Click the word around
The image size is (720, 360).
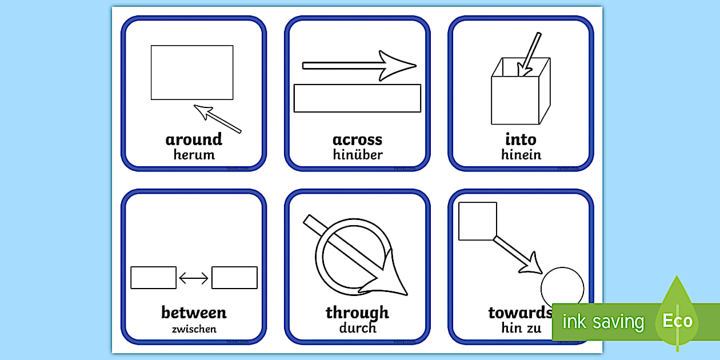click(194, 139)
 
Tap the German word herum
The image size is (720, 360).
click(194, 155)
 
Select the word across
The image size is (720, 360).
click(357, 139)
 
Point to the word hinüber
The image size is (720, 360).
click(357, 155)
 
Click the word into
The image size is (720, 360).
click(521, 139)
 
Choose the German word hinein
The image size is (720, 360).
click(521, 155)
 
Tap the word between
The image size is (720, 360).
click(194, 313)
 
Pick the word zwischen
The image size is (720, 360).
click(194, 329)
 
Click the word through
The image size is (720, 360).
click(357, 313)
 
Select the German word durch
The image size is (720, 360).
click(357, 328)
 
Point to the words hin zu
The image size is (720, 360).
click(521, 328)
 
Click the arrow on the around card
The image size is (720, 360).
click(217, 118)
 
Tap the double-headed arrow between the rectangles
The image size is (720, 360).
click(194, 278)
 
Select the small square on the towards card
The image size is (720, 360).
click(478, 221)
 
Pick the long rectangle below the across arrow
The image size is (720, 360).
click(357, 98)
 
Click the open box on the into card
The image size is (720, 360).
click(515, 97)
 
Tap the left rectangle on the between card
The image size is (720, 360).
click(153, 278)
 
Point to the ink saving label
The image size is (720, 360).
click(603, 322)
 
